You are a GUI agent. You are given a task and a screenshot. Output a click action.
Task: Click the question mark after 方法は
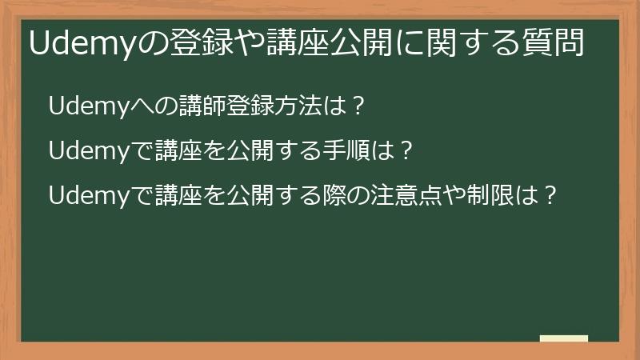click(358, 106)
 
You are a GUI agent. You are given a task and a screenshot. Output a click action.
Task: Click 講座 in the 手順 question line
click(186, 150)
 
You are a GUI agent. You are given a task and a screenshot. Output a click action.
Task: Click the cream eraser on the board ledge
click(563, 338)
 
